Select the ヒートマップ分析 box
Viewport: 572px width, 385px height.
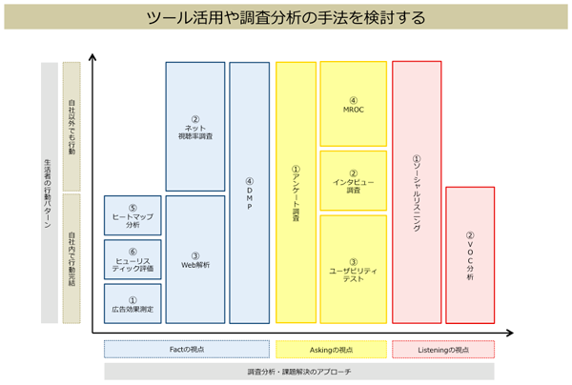click(133, 214)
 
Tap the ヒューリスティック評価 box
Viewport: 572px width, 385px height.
click(133, 259)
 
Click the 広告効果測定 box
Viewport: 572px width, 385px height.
click(133, 302)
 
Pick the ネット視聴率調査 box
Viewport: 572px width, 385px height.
click(195, 127)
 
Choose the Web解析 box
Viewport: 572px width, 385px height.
click(195, 258)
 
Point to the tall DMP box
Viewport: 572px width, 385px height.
click(249, 192)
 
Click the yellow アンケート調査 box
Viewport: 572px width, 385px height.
click(296, 192)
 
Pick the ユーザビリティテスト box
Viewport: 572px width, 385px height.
click(353, 268)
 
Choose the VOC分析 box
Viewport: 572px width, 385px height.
click(470, 254)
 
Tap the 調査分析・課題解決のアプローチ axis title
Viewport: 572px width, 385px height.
click(298, 372)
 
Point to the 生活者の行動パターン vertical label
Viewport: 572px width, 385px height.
click(49, 192)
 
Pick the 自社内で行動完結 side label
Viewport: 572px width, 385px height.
click(71, 258)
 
